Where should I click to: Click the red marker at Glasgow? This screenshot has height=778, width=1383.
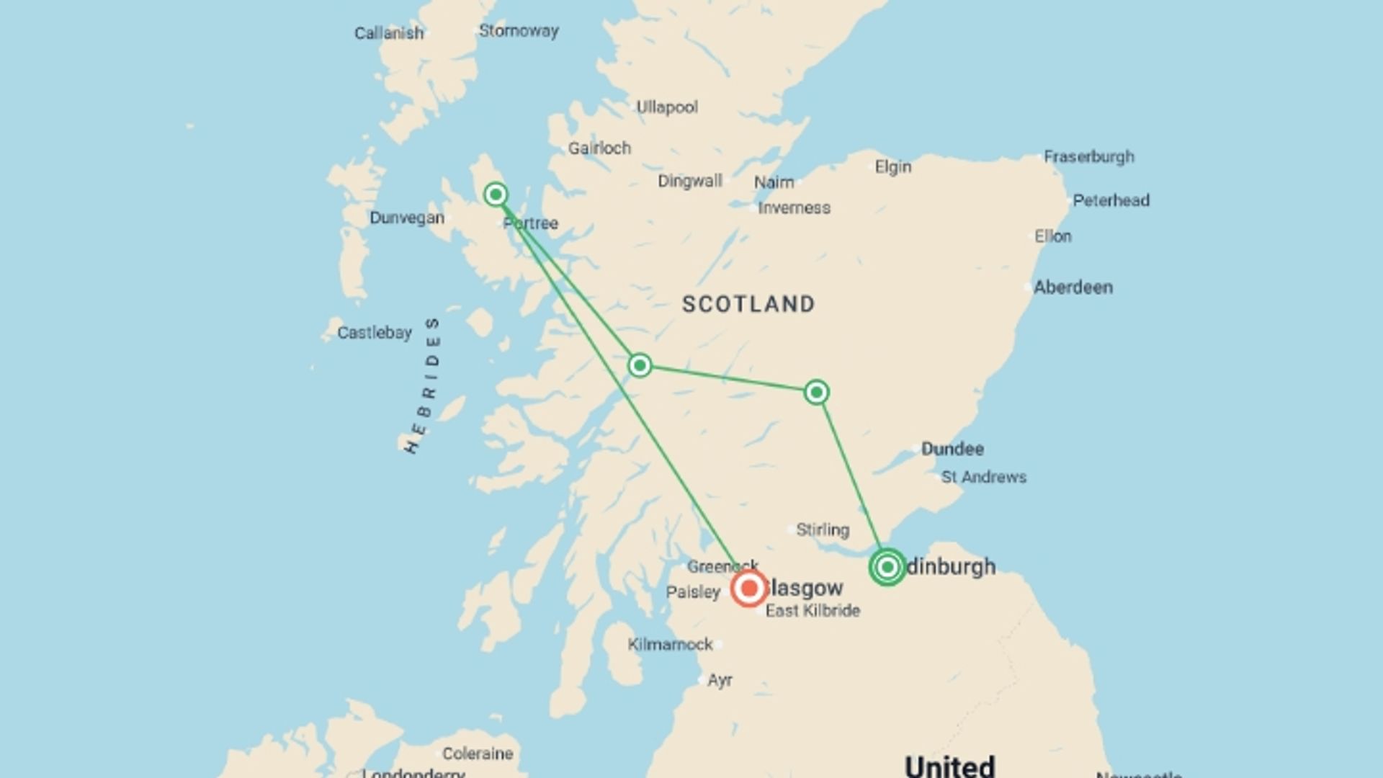pyautogui.click(x=749, y=589)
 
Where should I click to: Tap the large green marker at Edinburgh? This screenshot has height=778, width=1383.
pyautogui.click(x=887, y=567)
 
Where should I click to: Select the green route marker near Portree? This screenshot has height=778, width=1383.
pyautogui.click(x=496, y=194)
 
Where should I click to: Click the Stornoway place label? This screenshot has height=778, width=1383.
pyautogui.click(x=519, y=31)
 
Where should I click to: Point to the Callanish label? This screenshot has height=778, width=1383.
pyautogui.click(x=389, y=33)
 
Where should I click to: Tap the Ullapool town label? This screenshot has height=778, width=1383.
pyautogui.click(x=667, y=107)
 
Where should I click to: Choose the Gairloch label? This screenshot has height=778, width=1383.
pyautogui.click(x=599, y=148)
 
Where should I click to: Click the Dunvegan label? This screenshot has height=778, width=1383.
pyautogui.click(x=407, y=218)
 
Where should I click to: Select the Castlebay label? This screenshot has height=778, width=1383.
pyautogui.click(x=375, y=333)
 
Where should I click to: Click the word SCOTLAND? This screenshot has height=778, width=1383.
pyautogui.click(x=748, y=304)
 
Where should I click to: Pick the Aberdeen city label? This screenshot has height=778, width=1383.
pyautogui.click(x=1073, y=287)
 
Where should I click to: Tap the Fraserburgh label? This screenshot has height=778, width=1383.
pyautogui.click(x=1089, y=157)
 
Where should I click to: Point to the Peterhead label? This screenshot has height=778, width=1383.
pyautogui.click(x=1111, y=201)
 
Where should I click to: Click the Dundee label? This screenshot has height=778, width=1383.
pyautogui.click(x=952, y=449)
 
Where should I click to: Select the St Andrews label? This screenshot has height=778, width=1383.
pyautogui.click(x=984, y=477)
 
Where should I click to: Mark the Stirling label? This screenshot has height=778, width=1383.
pyautogui.click(x=823, y=530)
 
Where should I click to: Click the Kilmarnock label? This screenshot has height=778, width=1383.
pyautogui.click(x=670, y=645)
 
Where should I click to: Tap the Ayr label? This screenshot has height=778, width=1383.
pyautogui.click(x=720, y=681)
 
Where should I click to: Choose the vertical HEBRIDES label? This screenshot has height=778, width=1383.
pyautogui.click(x=424, y=385)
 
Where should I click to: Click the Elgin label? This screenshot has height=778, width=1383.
pyautogui.click(x=893, y=167)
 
